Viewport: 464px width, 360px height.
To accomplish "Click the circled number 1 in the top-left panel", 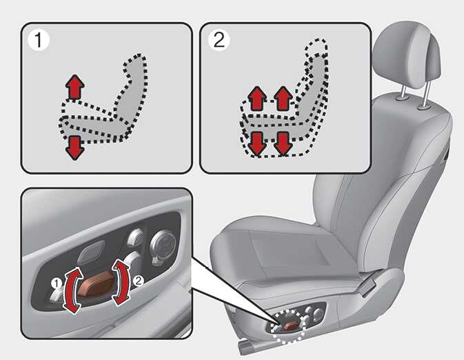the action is pos(38,40).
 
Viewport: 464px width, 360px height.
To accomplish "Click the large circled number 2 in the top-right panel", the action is pos(219,40).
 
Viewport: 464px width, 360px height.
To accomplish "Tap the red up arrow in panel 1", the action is pos(75,87).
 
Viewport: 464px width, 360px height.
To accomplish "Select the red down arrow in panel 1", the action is pos(74,148).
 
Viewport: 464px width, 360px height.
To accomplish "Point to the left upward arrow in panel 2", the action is pos(257,99).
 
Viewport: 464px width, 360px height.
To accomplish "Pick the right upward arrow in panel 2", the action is pos(283,99).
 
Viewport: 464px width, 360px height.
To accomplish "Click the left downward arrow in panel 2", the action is pos(257,144).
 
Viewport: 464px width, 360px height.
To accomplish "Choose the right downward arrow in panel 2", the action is pos(283,144).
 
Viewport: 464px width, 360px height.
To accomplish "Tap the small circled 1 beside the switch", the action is pos(57,283).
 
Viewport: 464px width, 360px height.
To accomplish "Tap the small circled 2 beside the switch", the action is pos(138,280).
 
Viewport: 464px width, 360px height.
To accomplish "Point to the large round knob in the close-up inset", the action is pos(163,245).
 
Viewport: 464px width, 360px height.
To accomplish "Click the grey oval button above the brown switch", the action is pos(91,252).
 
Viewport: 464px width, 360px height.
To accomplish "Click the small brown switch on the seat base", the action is pos(290,326).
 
